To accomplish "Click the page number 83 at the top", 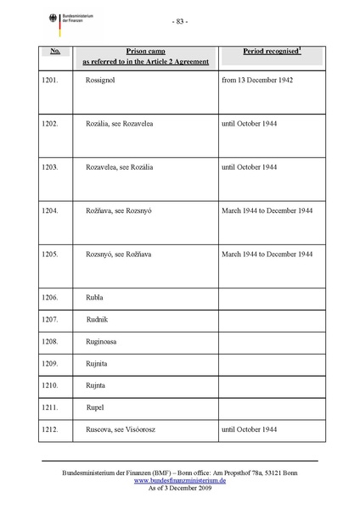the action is point(180,22).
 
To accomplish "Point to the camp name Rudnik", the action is point(98,320).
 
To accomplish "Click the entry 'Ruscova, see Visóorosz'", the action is point(124,430).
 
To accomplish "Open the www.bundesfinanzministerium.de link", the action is point(179,480).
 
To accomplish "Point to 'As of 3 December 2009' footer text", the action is point(179,489).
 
